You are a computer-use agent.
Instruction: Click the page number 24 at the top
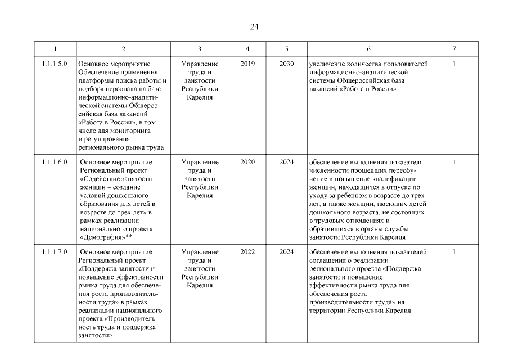coord(254,26)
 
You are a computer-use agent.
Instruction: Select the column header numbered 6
coord(368,49)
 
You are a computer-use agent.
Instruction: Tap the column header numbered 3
coord(200,49)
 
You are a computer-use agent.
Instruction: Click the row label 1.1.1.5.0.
coord(55,64)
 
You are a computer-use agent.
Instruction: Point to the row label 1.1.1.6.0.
coord(55,162)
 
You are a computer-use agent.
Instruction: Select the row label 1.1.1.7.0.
coord(55,251)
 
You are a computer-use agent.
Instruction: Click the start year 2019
coord(247,64)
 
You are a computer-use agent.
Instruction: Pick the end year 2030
coord(286,64)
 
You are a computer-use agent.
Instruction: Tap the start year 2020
coord(247,162)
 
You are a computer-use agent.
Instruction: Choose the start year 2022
coord(247,251)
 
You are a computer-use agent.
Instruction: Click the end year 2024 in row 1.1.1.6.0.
coord(286,162)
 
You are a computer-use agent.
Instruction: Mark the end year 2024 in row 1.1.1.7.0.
coord(286,251)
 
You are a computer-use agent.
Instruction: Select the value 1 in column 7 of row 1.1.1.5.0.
coord(454,64)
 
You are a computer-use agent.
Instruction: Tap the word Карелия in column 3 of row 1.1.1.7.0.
coord(200,285)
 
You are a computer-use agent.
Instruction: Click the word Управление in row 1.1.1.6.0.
coord(200,162)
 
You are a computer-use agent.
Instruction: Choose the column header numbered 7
coord(454,49)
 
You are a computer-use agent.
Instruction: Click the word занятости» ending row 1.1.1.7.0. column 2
coord(93,336)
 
